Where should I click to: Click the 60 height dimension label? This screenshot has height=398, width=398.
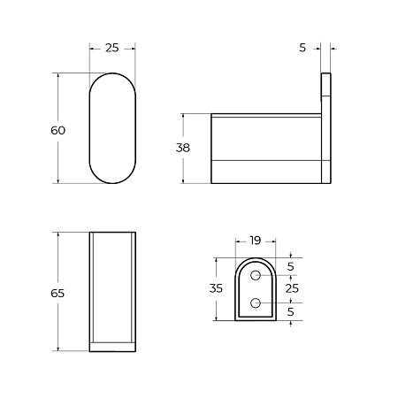pyautogui.click(x=58, y=130)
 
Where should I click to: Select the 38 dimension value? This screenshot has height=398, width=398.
pyautogui.click(x=183, y=149)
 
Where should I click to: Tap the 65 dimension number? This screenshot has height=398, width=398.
pyautogui.click(x=58, y=293)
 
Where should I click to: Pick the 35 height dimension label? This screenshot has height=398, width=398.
pyautogui.click(x=217, y=288)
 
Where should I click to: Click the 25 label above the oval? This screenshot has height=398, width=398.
pyautogui.click(x=112, y=48)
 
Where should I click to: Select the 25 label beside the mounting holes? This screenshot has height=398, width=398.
pyautogui.click(x=292, y=288)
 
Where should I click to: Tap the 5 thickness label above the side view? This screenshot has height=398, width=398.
pyautogui.click(x=302, y=48)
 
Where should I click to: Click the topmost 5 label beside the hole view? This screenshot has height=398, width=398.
pyautogui.click(x=292, y=266)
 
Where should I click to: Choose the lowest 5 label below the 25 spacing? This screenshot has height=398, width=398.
pyautogui.click(x=292, y=311)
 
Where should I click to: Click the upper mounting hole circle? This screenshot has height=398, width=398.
pyautogui.click(x=256, y=276)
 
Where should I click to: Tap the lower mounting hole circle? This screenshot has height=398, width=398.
pyautogui.click(x=256, y=303)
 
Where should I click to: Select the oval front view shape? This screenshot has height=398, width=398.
pyautogui.click(x=112, y=129)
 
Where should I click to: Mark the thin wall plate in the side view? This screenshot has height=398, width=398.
pyautogui.click(x=325, y=128)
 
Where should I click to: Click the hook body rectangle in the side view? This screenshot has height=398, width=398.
pyautogui.click(x=264, y=149)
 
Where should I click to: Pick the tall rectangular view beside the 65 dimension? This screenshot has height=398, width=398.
pyautogui.click(x=112, y=293)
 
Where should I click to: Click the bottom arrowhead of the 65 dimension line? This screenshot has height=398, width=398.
pyautogui.click(x=58, y=350)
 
